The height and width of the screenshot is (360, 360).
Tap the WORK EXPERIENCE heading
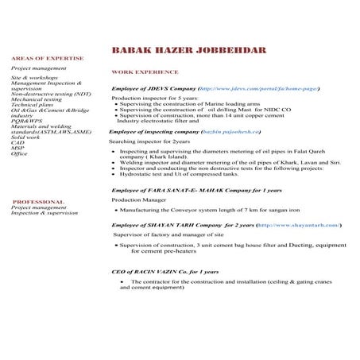tap(144, 72)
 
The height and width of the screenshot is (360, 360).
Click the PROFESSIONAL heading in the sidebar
tap(39, 202)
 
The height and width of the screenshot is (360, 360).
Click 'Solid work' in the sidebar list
tap(25, 137)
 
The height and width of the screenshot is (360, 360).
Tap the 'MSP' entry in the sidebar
tap(17, 149)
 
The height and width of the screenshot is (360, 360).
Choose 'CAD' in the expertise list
tap(17, 143)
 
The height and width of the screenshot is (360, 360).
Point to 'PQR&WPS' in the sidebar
tap(26, 122)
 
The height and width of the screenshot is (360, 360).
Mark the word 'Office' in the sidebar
tap(19, 154)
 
